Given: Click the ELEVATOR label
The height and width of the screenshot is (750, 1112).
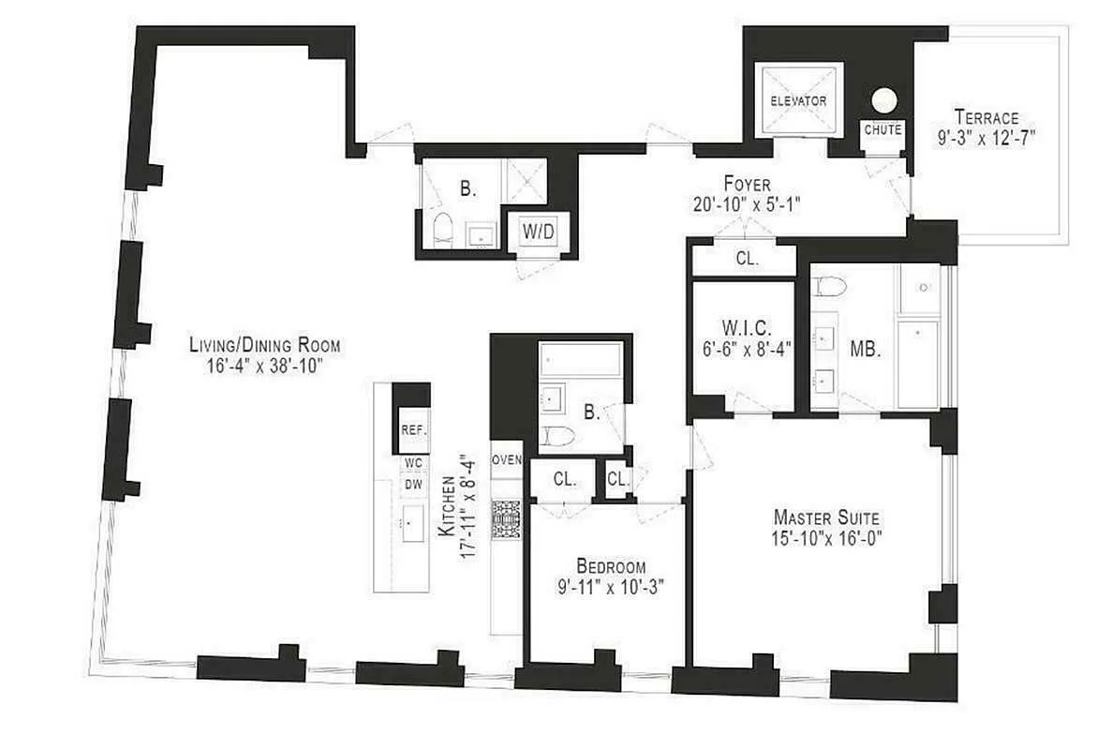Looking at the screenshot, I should coord(798,100).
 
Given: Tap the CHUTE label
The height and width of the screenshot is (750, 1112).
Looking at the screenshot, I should coord(882,130).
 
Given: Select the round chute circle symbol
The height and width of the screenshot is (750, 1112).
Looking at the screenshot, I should coord(883,99).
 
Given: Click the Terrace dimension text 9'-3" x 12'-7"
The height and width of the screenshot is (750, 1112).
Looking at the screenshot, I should coord(986,137).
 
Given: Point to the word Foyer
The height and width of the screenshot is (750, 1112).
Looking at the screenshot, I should coord(746,183).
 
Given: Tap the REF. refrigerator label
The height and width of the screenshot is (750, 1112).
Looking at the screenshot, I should coord(413,430).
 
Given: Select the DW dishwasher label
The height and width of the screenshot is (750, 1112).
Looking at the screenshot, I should coord(413,485).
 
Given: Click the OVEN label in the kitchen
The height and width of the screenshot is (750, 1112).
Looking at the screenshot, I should coord(506,459).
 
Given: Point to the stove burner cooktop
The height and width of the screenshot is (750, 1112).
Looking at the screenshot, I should coord(506,517).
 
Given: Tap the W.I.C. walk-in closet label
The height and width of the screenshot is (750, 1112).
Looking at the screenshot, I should coord(745,327).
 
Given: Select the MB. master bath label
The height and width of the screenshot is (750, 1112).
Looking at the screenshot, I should coord(863,347).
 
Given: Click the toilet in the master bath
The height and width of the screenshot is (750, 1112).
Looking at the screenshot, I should coord(831,285).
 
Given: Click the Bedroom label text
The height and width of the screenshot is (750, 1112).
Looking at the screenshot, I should coord(611,566).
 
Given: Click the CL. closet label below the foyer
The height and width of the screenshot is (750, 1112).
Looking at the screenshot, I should coord(746,260).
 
